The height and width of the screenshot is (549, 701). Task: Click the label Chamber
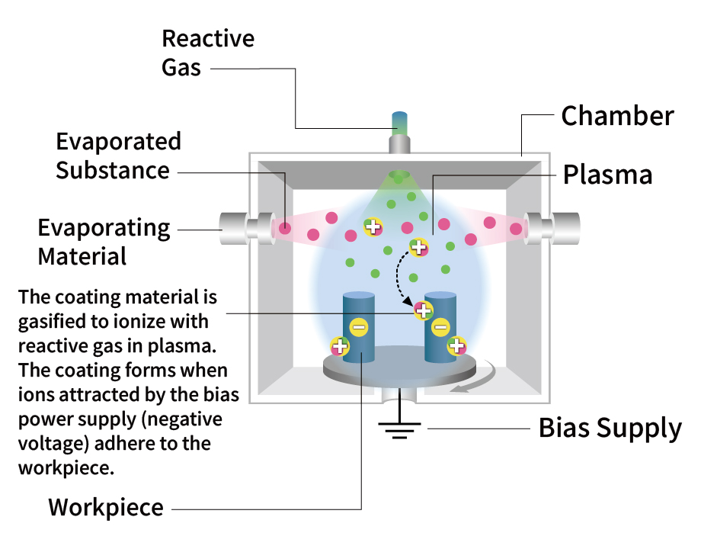coord(617,117)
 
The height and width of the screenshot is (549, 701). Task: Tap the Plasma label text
coord(607,175)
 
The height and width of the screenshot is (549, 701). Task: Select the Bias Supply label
coord(610,429)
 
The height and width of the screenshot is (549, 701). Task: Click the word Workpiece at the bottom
coord(106,508)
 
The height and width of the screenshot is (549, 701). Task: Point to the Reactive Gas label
coord(207,52)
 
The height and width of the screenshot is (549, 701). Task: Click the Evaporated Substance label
coord(119,156)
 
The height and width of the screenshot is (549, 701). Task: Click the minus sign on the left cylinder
coord(358,329)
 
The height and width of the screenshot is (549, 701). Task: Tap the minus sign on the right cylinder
coord(440,329)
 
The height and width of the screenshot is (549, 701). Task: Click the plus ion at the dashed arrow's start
coord(418,247)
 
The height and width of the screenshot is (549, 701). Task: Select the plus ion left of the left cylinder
coord(340,347)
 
